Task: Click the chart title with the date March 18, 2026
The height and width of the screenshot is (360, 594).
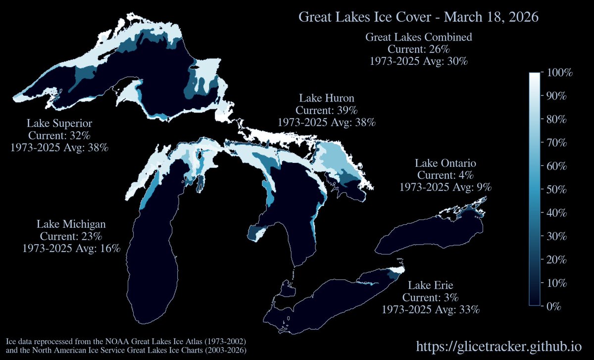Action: (x=418, y=17)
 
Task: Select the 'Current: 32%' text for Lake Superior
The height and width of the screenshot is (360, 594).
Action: (x=59, y=135)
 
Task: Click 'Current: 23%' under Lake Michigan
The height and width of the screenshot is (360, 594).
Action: (x=71, y=236)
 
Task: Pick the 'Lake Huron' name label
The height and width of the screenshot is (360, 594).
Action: (x=327, y=98)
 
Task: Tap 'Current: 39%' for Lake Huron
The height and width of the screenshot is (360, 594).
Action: (x=327, y=109)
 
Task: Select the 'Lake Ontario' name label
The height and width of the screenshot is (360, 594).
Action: (x=445, y=163)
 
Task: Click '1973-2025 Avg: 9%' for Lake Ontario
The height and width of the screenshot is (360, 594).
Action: (x=445, y=187)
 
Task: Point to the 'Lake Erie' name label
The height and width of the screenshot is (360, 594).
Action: (x=431, y=286)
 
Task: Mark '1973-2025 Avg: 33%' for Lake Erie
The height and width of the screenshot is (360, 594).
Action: (x=431, y=309)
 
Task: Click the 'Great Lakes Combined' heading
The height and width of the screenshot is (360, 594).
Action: (x=418, y=37)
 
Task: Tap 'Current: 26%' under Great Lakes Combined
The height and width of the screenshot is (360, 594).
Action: (x=418, y=50)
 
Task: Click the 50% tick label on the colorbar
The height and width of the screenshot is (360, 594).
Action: (x=558, y=190)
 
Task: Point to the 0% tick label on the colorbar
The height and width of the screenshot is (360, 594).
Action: (x=555, y=307)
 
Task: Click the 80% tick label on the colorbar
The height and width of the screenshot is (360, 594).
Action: (x=558, y=120)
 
